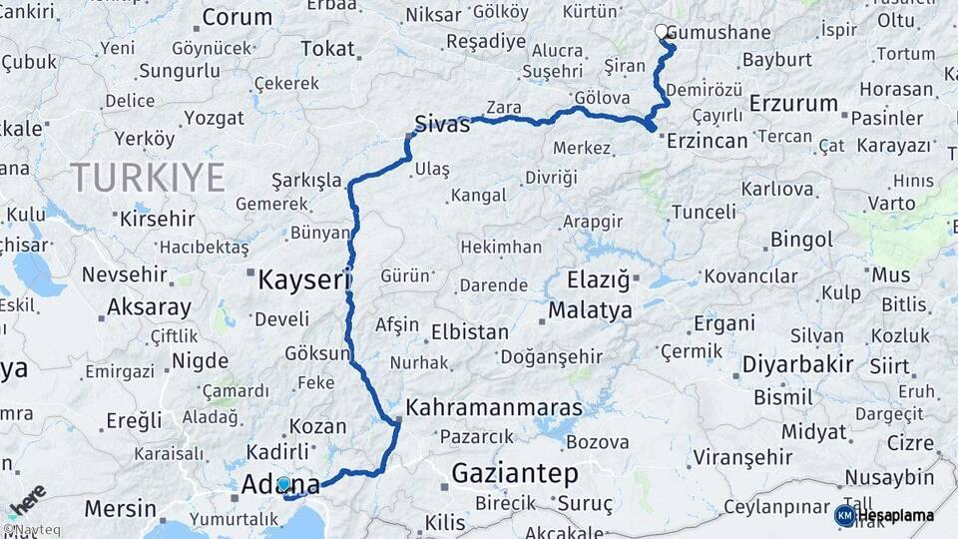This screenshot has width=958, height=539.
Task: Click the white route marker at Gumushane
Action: (x=662, y=31)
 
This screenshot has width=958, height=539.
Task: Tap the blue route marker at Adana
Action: (x=283, y=484)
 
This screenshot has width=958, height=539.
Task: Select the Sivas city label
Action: (x=441, y=124)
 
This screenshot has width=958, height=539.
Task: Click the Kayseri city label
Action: (x=303, y=279)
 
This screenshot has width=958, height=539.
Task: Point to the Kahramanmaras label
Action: (x=494, y=409)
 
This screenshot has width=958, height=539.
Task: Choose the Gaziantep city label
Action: (x=515, y=472)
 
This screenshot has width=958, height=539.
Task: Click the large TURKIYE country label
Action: (x=148, y=178)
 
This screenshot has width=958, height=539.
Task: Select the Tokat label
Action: (x=327, y=49)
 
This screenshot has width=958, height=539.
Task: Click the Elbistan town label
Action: (x=469, y=332)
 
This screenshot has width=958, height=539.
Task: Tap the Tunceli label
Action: (x=703, y=212)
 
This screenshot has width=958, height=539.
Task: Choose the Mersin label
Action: (x=121, y=508)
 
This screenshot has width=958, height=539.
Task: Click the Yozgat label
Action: (x=214, y=118)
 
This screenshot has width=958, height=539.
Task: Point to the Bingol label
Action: (x=801, y=240)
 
